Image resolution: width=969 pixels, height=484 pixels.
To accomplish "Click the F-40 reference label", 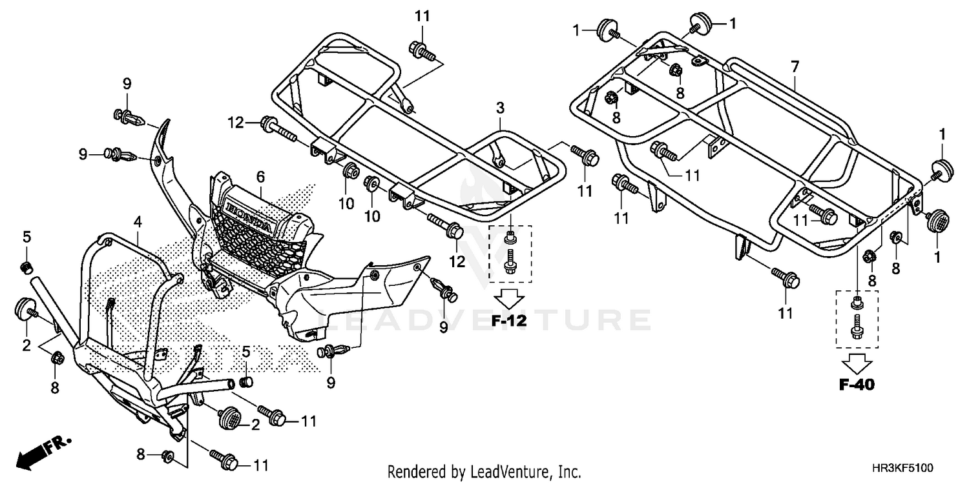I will (x=857, y=385).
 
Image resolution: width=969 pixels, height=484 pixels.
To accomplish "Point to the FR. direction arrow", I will (x=43, y=450).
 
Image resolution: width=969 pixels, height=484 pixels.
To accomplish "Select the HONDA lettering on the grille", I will (x=248, y=216).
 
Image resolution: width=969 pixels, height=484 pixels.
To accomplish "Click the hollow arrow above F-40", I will (x=857, y=363).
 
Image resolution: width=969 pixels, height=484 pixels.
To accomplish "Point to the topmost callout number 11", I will (x=422, y=16).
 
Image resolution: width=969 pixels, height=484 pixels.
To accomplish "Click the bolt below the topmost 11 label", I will (x=417, y=48).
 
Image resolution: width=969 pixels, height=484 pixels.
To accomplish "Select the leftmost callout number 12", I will (x=234, y=121).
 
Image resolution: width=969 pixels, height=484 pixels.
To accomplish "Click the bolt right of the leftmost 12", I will (x=275, y=128).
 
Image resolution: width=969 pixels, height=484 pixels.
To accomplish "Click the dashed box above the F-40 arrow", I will (x=857, y=319).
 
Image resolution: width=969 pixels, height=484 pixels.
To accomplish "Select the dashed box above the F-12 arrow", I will (x=510, y=254).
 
